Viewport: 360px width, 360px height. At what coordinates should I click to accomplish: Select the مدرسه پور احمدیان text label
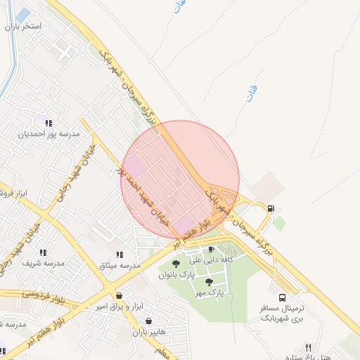49,133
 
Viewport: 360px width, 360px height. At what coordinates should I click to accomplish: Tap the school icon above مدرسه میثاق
119,255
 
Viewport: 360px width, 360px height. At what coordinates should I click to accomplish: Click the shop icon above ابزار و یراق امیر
117,296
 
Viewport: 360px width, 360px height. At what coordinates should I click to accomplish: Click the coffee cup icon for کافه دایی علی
211,249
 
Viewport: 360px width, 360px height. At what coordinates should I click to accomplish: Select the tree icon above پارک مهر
208,281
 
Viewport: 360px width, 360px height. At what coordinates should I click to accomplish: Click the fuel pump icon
271,207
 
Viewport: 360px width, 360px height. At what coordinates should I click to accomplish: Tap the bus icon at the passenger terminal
282,297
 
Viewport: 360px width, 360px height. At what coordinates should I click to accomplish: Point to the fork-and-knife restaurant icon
307,347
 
